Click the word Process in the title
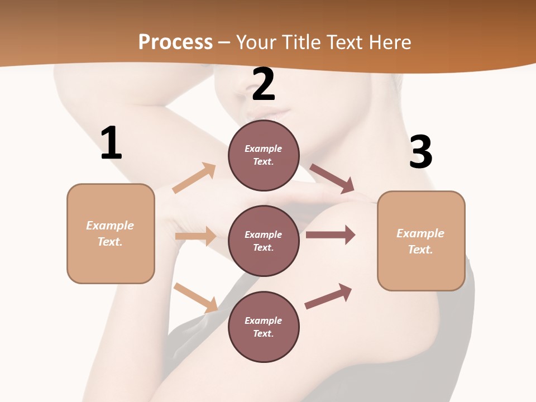175,42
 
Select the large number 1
111,143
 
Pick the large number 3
420,152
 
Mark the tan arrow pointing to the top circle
194,178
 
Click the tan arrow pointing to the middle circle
195,236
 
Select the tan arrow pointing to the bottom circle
196,298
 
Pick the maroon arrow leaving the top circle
332,178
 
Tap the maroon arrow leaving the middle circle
330,235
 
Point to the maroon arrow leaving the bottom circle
328,296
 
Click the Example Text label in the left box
110,233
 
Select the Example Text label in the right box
420,241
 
